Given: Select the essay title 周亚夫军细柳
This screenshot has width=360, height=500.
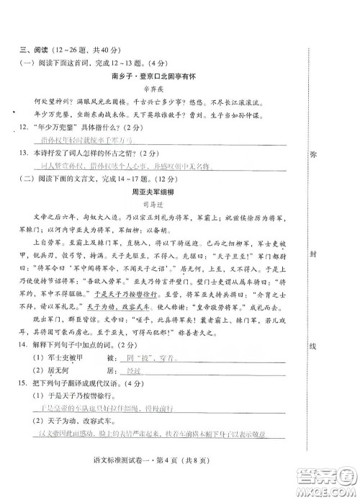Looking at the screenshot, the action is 156,193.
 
